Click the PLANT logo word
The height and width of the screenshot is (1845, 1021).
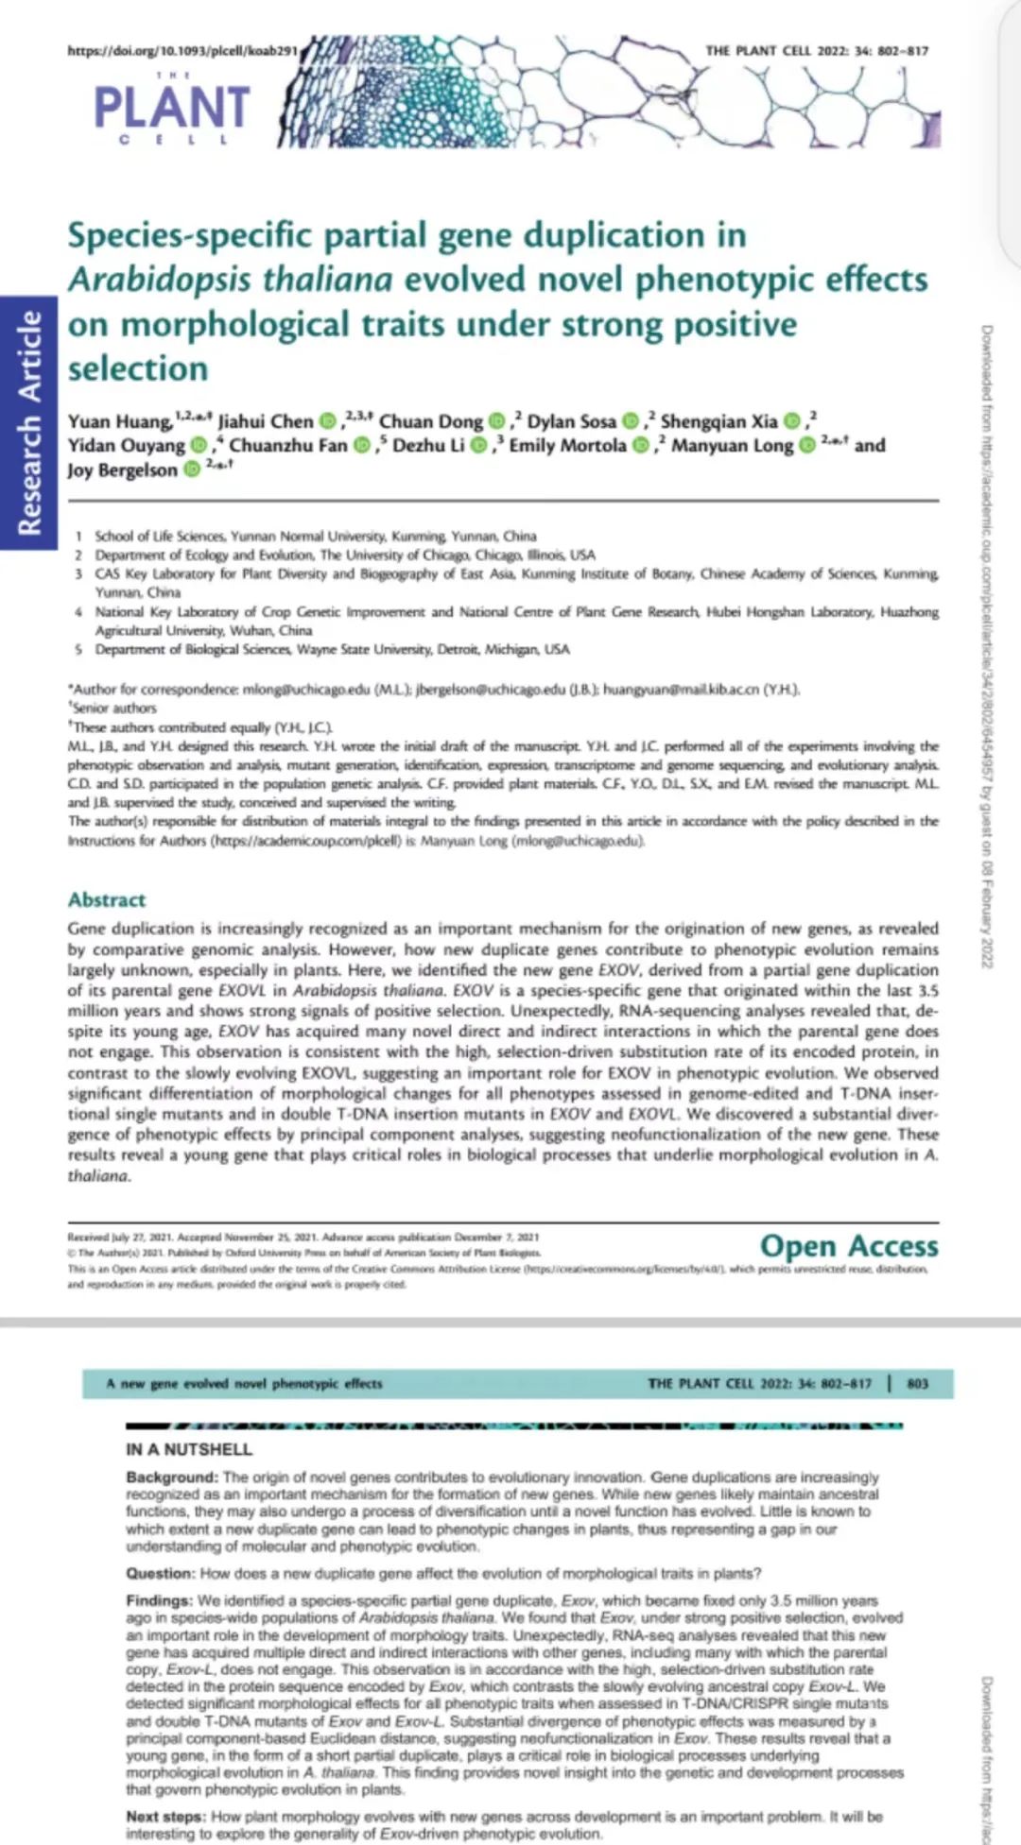click(x=172, y=107)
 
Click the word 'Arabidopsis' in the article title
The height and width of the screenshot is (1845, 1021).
click(x=159, y=280)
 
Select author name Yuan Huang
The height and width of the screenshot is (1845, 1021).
click(x=119, y=421)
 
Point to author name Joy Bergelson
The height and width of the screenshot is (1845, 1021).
click(x=122, y=470)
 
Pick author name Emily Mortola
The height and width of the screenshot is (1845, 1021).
click(x=567, y=445)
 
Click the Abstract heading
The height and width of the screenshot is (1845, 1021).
click(x=107, y=899)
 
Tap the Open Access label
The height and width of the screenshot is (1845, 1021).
click(x=849, y=1246)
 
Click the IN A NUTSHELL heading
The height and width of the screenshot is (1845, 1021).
click(x=189, y=1449)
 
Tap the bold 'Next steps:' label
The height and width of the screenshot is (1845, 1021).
click(x=165, y=1817)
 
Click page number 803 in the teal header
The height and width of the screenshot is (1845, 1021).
click(x=917, y=1384)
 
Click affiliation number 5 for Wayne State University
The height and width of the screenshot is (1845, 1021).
click(x=78, y=650)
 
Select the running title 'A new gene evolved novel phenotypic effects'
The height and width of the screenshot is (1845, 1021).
click(x=244, y=1384)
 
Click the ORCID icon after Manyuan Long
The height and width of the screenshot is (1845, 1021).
click(x=806, y=445)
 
